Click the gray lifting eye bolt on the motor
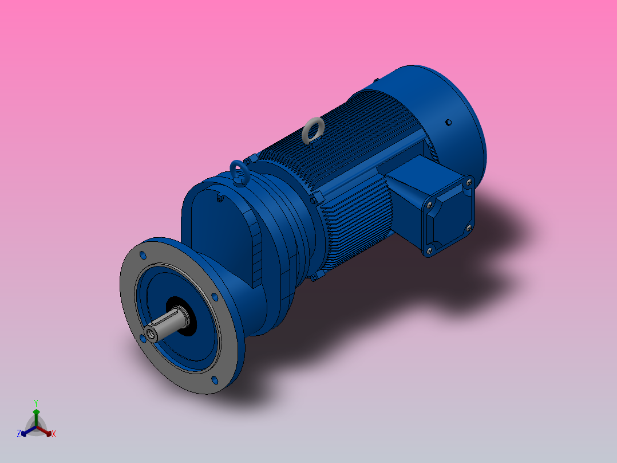pyautogui.click(x=313, y=130)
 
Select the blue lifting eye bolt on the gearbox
pyautogui.click(x=239, y=172)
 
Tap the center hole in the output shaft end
pyautogui.click(x=151, y=332)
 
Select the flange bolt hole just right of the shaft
pyautogui.click(x=214, y=297)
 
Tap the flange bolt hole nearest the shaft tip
pyautogui.click(x=141, y=339)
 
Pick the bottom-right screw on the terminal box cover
pyautogui.click(x=469, y=227)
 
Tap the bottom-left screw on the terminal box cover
pyautogui.click(x=429, y=250)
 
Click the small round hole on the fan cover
pyautogui.click(x=448, y=122)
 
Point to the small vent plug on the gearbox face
pyautogui.click(x=220, y=199)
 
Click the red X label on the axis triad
pyautogui.click(x=54, y=434)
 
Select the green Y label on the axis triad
pyautogui.click(x=35, y=403)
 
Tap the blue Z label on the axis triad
pyautogui.click(x=19, y=434)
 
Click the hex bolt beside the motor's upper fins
pyautogui.click(x=313, y=199)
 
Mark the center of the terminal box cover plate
pyautogui.click(x=449, y=215)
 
